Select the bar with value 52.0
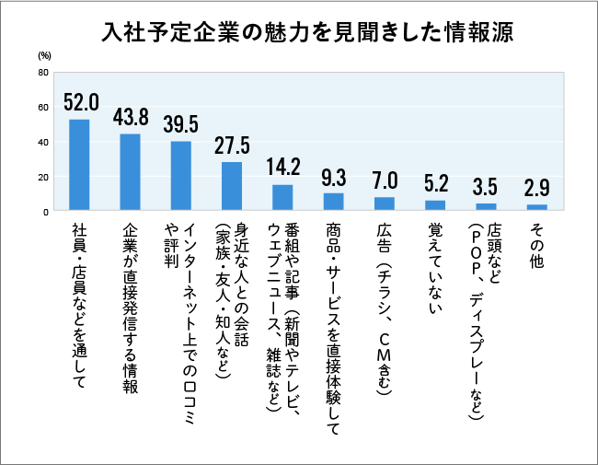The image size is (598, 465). click(x=79, y=166)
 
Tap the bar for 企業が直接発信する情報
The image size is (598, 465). click(x=131, y=173)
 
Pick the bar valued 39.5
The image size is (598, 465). click(x=181, y=176)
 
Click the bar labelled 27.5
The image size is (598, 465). click(x=232, y=187)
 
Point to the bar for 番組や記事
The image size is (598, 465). click(x=282, y=198)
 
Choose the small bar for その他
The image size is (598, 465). click(x=537, y=208)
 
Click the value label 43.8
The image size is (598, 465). click(x=131, y=118)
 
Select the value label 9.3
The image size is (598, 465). click(x=333, y=177)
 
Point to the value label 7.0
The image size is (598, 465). click(x=385, y=180)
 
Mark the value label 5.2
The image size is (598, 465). click(x=435, y=183)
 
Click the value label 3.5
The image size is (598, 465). click(x=486, y=187)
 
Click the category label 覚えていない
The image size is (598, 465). click(x=435, y=266)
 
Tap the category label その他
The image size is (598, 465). click(x=537, y=245)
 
